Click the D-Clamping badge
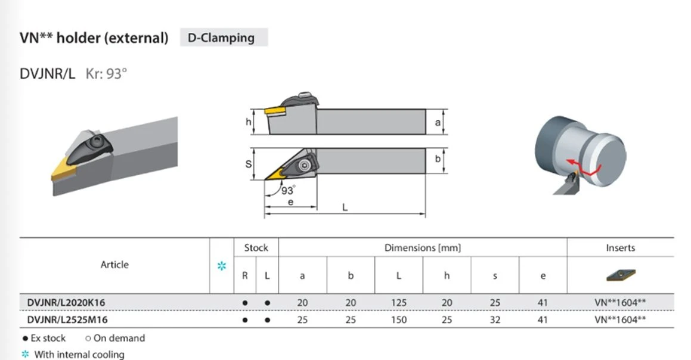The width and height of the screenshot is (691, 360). click(224, 38)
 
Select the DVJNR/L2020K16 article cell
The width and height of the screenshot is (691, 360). click(66, 303)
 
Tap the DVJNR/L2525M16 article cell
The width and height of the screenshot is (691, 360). click(67, 320)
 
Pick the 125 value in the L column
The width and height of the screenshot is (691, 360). click(399, 303)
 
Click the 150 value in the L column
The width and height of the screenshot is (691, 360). click(399, 320)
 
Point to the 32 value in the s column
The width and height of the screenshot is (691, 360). click(495, 320)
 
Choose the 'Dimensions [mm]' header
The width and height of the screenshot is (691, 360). click(423, 247)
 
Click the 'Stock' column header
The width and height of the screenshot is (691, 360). click(256, 247)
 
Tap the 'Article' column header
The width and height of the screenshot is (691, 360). click(114, 265)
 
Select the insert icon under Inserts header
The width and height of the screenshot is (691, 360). click(621, 275)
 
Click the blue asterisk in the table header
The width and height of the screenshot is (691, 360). click(222, 266)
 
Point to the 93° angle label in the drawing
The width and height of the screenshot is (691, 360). click(288, 190)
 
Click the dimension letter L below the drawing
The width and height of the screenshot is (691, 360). click(345, 207)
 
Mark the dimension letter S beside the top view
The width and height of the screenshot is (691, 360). click(249, 165)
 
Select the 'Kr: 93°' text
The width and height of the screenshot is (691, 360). click(106, 73)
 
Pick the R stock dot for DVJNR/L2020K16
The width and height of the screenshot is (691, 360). click(245, 303)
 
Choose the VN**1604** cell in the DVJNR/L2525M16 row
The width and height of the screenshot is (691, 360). click(620, 320)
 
